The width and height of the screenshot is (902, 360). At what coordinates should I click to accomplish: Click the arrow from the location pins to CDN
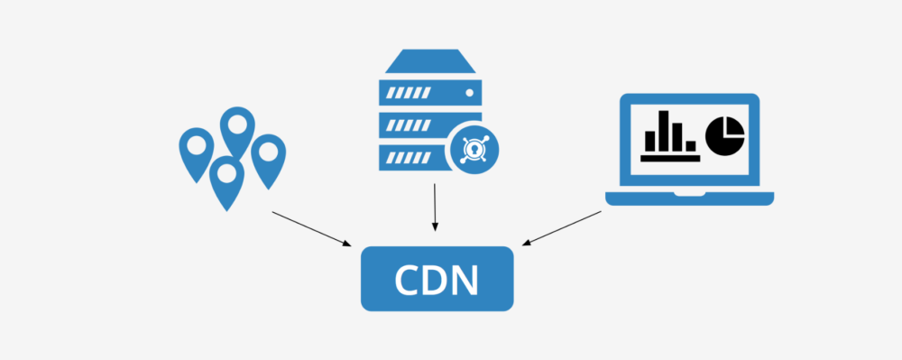312,228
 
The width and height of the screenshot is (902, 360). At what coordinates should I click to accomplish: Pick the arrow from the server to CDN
435,207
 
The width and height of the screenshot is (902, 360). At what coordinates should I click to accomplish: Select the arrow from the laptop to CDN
562,228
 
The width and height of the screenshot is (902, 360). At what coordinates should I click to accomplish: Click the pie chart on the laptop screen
724,134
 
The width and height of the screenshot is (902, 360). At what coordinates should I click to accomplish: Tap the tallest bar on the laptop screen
666,130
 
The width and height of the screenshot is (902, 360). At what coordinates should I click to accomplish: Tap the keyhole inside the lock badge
472,148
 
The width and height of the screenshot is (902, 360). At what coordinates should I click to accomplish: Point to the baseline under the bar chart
670,158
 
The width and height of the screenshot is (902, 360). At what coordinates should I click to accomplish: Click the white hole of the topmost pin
237,123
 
